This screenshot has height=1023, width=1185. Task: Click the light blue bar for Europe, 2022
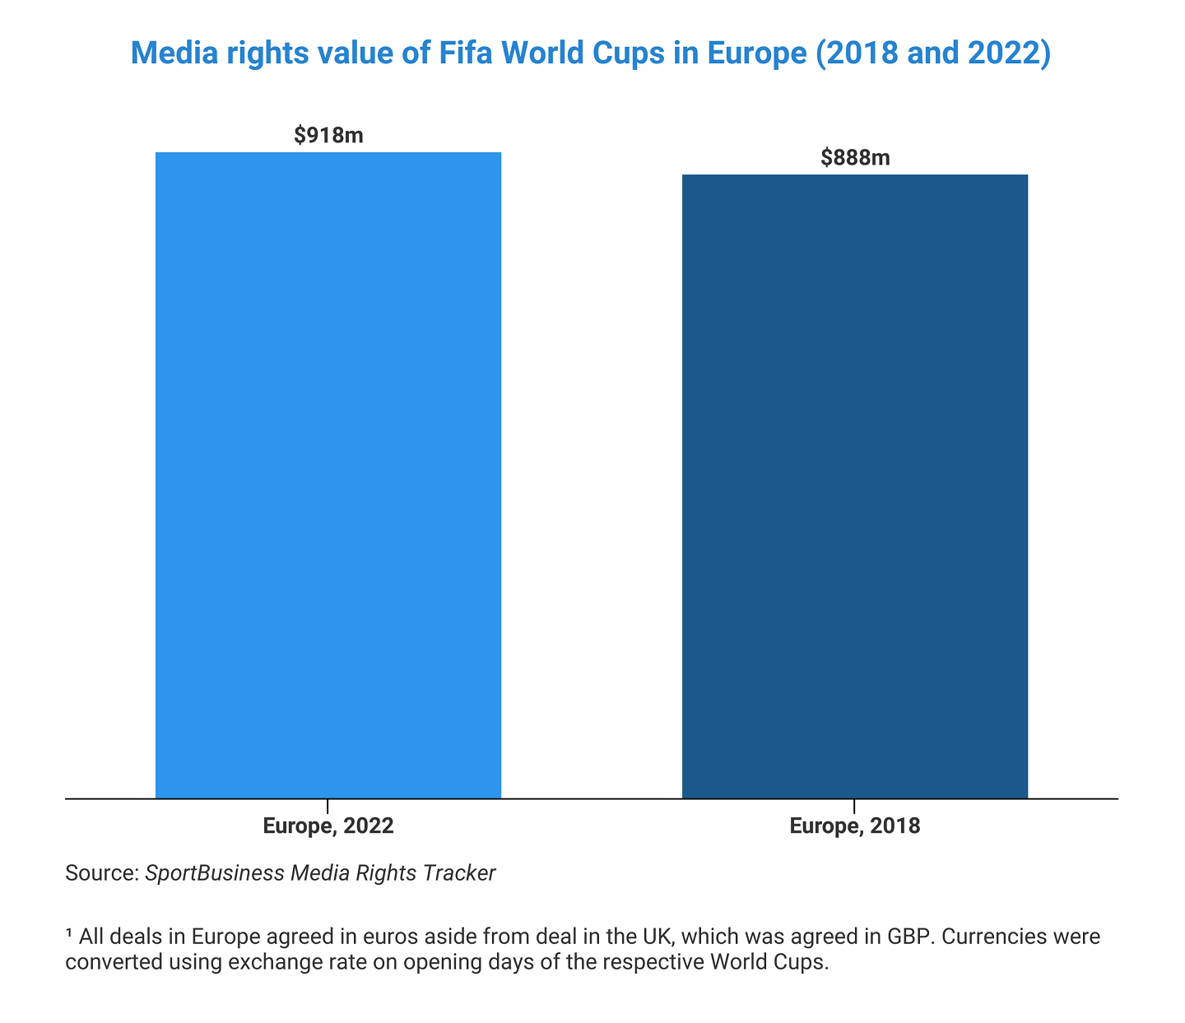pyautogui.click(x=328, y=475)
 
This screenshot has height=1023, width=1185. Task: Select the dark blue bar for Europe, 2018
pyautogui.click(x=854, y=486)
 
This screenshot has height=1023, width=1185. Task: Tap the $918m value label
pyautogui.click(x=328, y=135)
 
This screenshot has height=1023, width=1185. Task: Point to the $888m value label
pyautogui.click(x=855, y=157)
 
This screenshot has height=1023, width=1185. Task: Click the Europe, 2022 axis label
pyautogui.click(x=328, y=826)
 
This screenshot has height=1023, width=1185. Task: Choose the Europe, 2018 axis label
pyautogui.click(x=854, y=826)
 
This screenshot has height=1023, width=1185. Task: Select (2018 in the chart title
pyautogui.click(x=853, y=53)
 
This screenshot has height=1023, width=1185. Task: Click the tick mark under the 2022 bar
pyautogui.click(x=328, y=805)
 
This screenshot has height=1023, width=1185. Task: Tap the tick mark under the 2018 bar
pyautogui.click(x=854, y=805)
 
